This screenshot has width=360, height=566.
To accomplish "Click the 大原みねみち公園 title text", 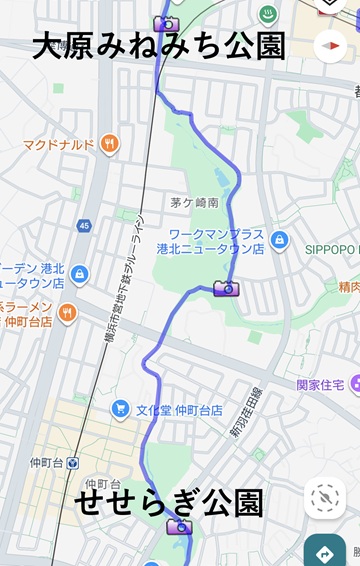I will coord(158,46).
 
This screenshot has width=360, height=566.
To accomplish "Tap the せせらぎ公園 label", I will coord(169,503).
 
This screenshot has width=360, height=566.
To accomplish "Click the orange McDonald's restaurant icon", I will coord(109,143).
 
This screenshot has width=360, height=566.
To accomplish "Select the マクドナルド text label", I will coord(58,144).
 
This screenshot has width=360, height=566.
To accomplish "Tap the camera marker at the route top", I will coord(166,23).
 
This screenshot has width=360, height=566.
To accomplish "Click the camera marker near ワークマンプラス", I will coord(227,289).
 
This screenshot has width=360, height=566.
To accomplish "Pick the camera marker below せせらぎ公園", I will coord(179,527).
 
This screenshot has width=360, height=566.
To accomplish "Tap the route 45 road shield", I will coord(84,226).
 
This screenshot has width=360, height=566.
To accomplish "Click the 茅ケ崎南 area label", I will coord(194,202).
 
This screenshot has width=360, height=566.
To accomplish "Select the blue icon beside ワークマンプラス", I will coord(281,240).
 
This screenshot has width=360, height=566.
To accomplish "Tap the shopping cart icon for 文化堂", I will coord(121,408).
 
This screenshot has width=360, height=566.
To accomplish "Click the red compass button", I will coord(329,45).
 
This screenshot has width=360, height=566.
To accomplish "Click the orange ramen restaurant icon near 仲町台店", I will coord(67,312).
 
